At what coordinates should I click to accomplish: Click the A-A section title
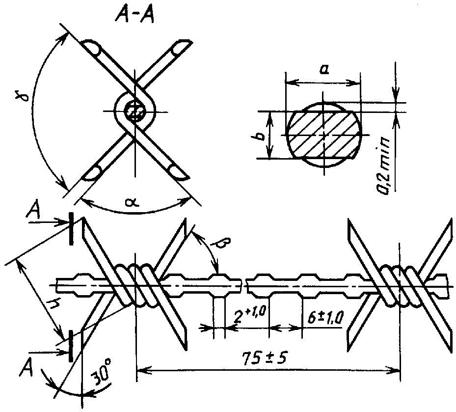tap(134, 14)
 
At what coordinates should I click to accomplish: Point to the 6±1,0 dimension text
tap(326, 317)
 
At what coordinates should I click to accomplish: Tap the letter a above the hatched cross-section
tap(323, 70)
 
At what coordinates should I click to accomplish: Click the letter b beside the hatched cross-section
tap(262, 136)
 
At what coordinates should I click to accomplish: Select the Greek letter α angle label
tap(133, 202)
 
